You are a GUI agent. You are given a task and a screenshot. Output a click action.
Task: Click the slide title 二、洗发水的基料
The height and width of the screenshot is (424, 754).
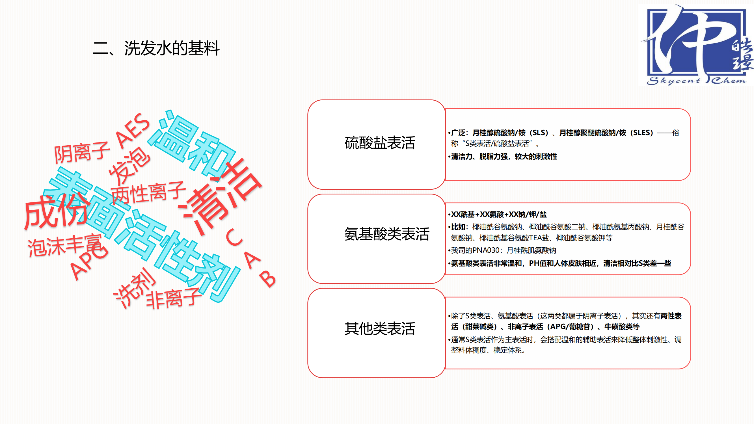click(156, 48)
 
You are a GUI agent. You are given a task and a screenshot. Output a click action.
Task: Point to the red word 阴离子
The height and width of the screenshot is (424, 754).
click(82, 152)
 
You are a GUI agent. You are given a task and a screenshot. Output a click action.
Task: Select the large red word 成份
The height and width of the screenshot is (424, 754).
click(56, 212)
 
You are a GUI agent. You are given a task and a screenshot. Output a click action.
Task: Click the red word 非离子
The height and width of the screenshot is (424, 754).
click(174, 298)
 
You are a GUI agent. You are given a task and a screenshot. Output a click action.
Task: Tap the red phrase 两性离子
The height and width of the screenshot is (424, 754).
click(148, 193)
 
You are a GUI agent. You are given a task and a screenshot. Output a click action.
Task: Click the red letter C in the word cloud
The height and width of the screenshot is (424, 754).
click(234, 237)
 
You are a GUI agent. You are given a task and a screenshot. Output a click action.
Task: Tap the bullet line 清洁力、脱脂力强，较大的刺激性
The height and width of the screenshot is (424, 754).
click(504, 157)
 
